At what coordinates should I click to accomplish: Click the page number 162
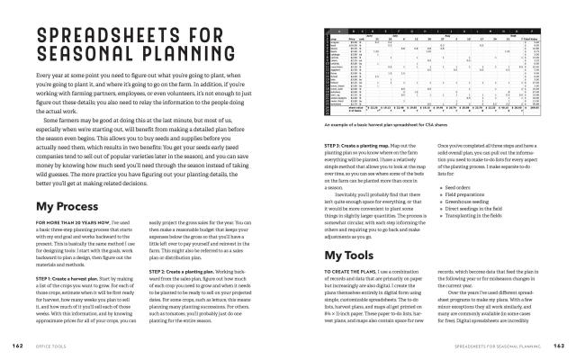(x=16, y=345)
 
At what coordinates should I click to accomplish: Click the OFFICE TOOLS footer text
(x=55, y=345)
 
